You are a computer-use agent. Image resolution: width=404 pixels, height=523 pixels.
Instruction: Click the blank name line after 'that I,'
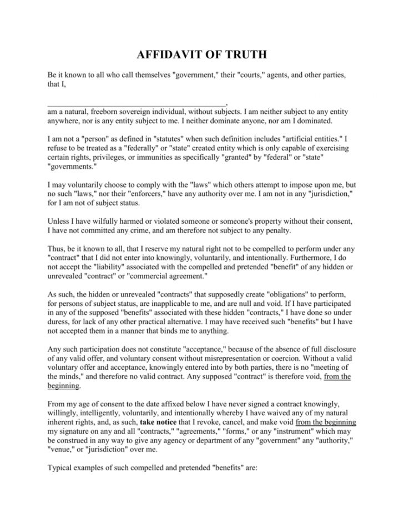[x=137, y=103]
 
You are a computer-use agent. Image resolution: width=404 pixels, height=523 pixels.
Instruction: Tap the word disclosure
[x=337, y=348]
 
